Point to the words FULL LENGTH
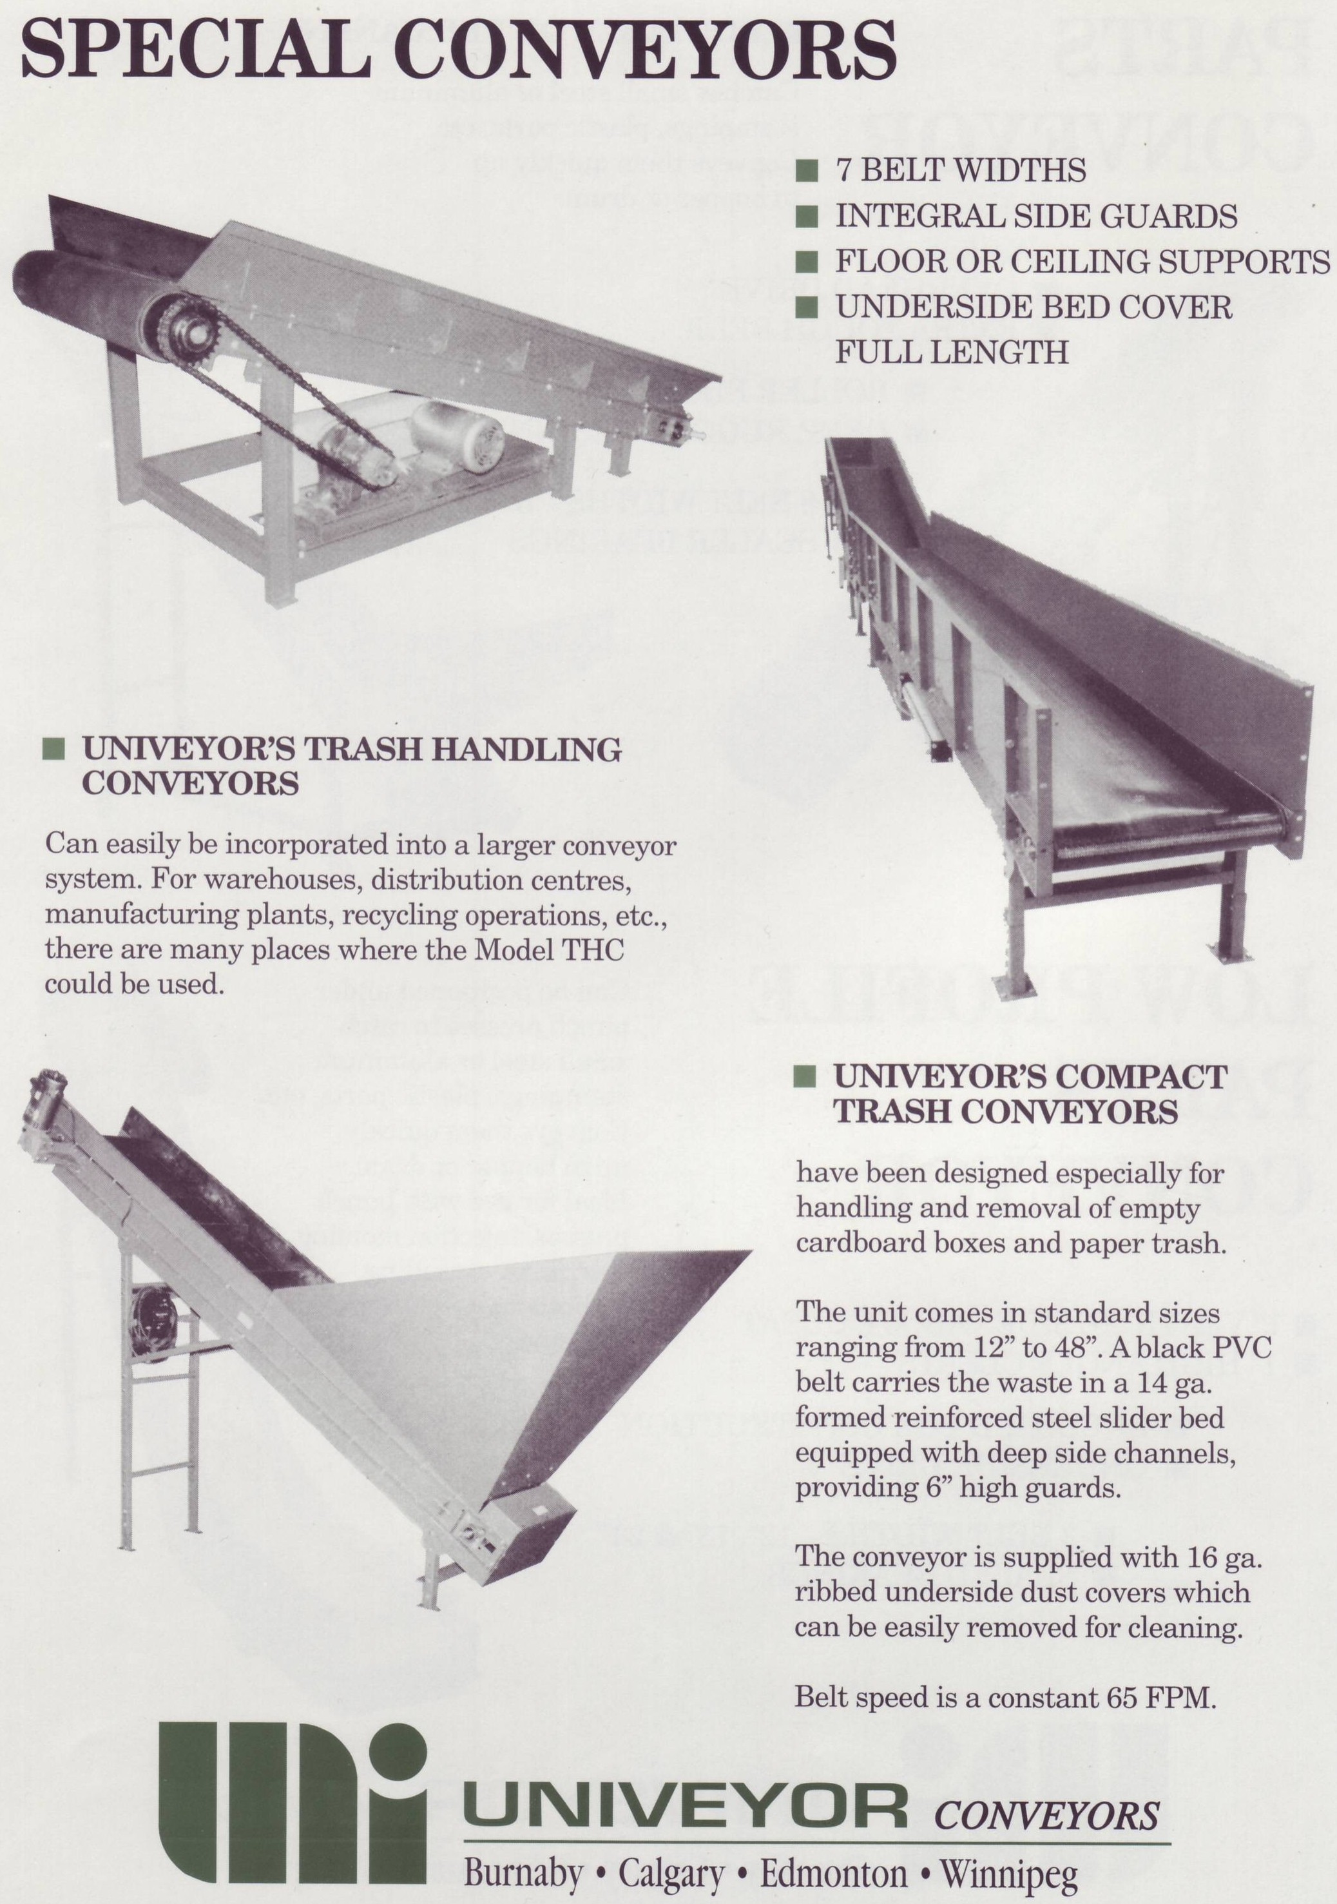click(952, 353)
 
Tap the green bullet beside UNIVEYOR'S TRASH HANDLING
click(54, 750)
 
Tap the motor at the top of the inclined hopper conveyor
click(41, 1094)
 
